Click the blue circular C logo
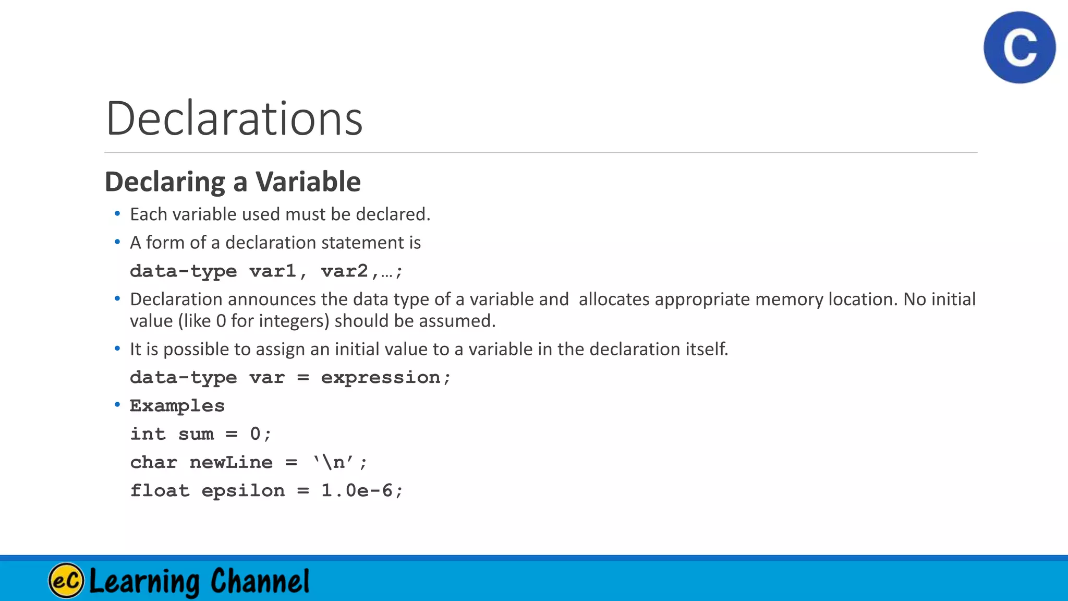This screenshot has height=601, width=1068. pyautogui.click(x=1020, y=47)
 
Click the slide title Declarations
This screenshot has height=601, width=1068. pyautogui.click(x=234, y=118)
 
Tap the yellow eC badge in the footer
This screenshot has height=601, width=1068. pyautogui.click(x=66, y=580)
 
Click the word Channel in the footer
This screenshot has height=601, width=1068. pyautogui.click(x=260, y=581)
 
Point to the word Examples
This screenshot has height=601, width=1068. pyautogui.click(x=177, y=406)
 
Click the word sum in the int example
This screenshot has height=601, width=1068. pyautogui.click(x=196, y=434)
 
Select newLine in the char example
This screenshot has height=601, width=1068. pyautogui.click(x=231, y=462)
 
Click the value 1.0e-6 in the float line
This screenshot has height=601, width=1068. pyautogui.click(x=357, y=490)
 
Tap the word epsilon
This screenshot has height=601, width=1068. pyautogui.click(x=243, y=491)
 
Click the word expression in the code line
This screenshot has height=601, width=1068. pyautogui.click(x=381, y=377)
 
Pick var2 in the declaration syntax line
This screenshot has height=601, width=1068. pyautogui.click(x=345, y=271)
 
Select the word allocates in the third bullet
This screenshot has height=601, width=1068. pyautogui.click(x=614, y=299)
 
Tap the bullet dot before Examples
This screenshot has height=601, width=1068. pyautogui.click(x=117, y=404)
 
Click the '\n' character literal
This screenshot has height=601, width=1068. pyautogui.click(x=333, y=462)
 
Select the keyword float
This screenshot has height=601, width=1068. pyautogui.click(x=160, y=490)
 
